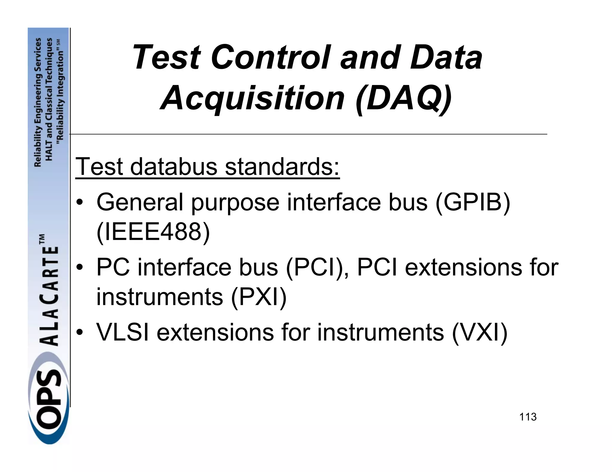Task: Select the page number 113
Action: click(x=528, y=417)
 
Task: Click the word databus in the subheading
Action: click(x=174, y=166)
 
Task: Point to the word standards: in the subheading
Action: click(x=282, y=166)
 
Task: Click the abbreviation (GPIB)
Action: click(x=472, y=203)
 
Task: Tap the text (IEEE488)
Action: click(x=153, y=232)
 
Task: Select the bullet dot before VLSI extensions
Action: click(x=79, y=332)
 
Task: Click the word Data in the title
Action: click(x=446, y=57)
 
